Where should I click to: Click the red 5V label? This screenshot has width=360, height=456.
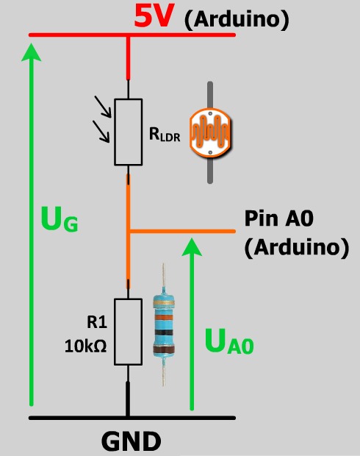[x=153, y=17]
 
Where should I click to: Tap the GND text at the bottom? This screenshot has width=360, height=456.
[x=132, y=441]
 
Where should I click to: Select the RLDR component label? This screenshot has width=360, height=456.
[x=165, y=135]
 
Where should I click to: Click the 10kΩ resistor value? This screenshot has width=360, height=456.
[x=85, y=346]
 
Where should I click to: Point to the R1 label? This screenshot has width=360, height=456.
[x=97, y=322]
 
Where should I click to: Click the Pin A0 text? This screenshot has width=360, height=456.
[x=279, y=218]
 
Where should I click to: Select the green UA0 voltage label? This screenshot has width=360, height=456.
[x=229, y=341]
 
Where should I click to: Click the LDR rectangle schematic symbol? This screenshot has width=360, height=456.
[x=128, y=132]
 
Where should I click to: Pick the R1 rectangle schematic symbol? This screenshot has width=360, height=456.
[x=128, y=332]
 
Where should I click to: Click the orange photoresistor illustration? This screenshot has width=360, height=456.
[x=210, y=132]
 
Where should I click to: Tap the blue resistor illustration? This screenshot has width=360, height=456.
[x=164, y=325]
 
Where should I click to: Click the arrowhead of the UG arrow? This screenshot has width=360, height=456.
[x=32, y=51]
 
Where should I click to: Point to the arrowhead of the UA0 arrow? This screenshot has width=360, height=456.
[x=192, y=246]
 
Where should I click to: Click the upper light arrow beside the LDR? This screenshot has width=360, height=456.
[x=103, y=107]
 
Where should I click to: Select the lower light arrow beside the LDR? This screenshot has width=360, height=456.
[x=101, y=132]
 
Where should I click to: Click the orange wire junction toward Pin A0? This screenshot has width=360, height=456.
[x=129, y=232]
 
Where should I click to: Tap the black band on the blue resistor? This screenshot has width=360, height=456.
[x=164, y=332]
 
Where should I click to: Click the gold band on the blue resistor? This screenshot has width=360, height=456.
[x=164, y=303]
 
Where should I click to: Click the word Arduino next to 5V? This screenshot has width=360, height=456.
[x=237, y=20]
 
